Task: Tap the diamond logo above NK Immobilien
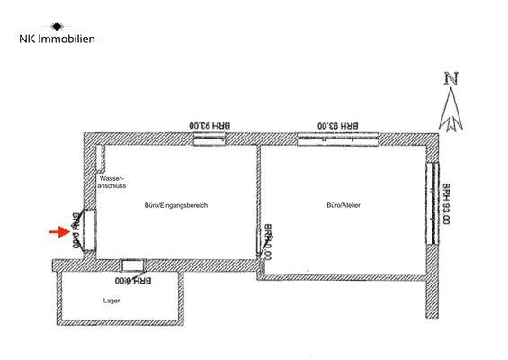(x=58, y=26)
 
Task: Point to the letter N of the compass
(x=451, y=78)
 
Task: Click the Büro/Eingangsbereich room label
(x=176, y=206)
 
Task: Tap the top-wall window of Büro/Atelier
(x=338, y=138)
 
